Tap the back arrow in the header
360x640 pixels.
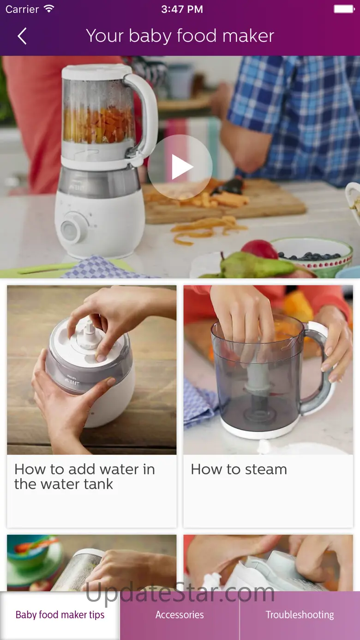(x=22, y=36)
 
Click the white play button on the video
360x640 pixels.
(x=180, y=167)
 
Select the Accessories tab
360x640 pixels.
(x=180, y=615)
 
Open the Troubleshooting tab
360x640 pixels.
(x=300, y=615)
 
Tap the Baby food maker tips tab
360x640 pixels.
(x=60, y=615)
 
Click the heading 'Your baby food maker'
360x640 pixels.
(x=180, y=36)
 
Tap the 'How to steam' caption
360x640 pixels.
(x=239, y=469)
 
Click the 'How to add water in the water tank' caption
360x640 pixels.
(x=84, y=477)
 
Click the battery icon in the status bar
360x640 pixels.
(x=344, y=9)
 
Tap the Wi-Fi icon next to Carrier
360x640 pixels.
(x=49, y=9)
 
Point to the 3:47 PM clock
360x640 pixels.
(x=182, y=9)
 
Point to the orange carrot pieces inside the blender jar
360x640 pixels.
(x=99, y=124)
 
